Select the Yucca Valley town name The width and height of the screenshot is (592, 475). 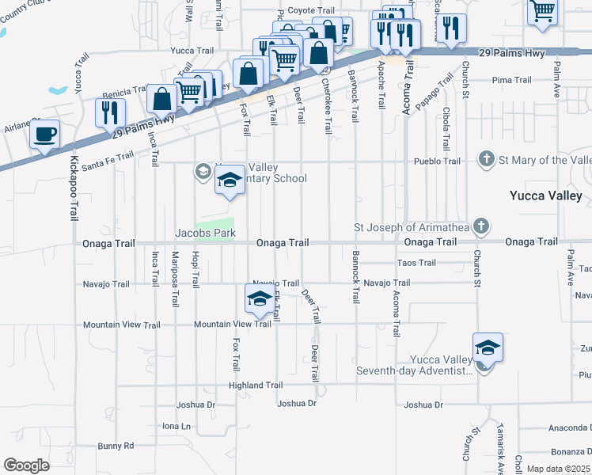pyautogui.click(x=545, y=196)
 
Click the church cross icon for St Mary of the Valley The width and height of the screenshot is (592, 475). pyautogui.click(x=487, y=160)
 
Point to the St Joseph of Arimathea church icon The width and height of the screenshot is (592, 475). pyautogui.click(x=479, y=227)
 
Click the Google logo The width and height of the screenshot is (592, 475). pyautogui.click(x=26, y=465)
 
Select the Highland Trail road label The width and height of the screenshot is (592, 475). pyautogui.click(x=255, y=386)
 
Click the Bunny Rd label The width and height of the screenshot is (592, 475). pyautogui.click(x=116, y=446)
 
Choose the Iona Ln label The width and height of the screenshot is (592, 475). pyautogui.click(x=176, y=426)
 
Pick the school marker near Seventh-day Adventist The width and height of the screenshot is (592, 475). pyautogui.click(x=488, y=348)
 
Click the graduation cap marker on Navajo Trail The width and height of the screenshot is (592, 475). pyautogui.click(x=259, y=299)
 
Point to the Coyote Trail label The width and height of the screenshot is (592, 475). pyautogui.click(x=305, y=10)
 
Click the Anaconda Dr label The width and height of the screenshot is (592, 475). pyautogui.click(x=571, y=427)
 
